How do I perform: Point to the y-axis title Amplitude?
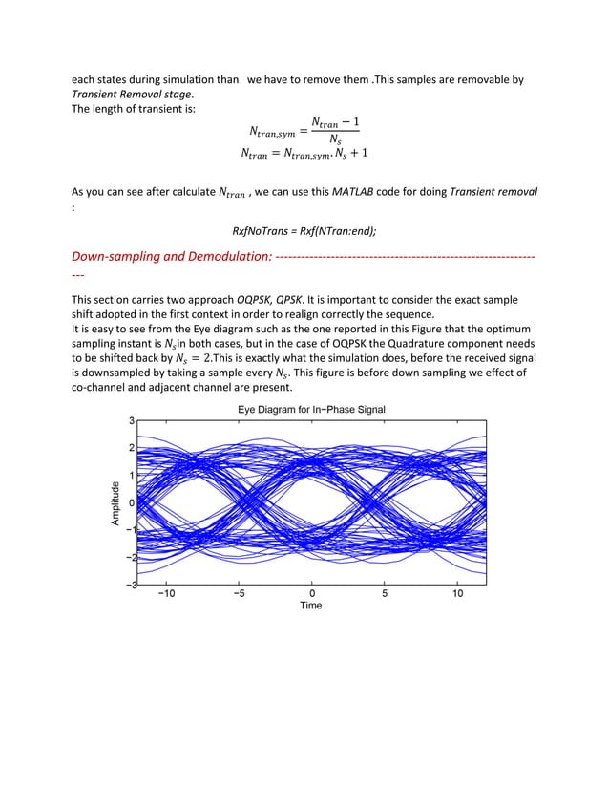115,502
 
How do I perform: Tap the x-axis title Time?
310,605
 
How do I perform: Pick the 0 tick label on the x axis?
311,592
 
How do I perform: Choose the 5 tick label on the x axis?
385,592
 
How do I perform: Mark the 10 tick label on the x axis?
458,592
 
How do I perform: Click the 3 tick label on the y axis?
132,419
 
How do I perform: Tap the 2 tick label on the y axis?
132,447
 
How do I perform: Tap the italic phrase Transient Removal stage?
132,94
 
